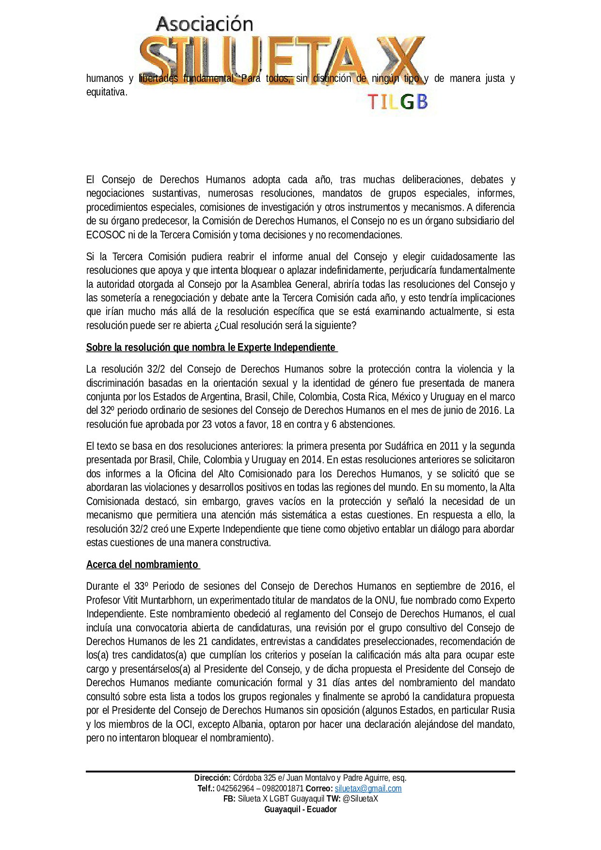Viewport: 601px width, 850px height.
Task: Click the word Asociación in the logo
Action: click(x=205, y=24)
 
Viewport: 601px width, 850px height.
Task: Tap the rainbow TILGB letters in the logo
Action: click(x=397, y=102)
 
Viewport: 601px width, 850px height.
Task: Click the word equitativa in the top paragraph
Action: click(x=106, y=92)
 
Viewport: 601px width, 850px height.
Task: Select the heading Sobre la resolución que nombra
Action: click(x=211, y=347)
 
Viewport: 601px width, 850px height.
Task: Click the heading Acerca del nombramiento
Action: click(x=142, y=565)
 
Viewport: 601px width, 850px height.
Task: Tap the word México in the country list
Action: click(x=406, y=397)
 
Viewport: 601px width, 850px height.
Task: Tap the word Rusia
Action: click(x=503, y=710)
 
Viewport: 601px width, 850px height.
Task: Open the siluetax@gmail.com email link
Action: click(x=368, y=788)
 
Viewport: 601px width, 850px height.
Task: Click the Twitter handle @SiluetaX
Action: click(x=360, y=799)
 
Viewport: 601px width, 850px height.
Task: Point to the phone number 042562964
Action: click(x=235, y=788)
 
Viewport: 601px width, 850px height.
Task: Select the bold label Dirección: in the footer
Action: click(x=212, y=778)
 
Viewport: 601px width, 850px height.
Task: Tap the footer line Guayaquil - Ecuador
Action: click(x=300, y=809)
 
